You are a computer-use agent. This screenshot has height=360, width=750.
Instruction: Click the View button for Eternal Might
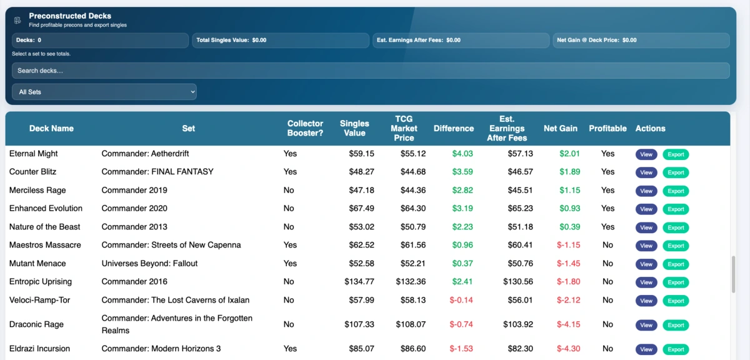click(x=646, y=154)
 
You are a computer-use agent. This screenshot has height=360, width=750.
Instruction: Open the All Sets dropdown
click(x=104, y=92)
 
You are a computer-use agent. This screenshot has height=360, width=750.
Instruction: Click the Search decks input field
click(x=370, y=71)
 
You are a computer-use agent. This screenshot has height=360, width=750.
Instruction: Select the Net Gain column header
click(x=560, y=128)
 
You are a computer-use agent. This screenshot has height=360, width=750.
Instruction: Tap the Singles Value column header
click(x=354, y=128)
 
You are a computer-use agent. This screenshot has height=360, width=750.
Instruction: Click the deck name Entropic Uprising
click(x=41, y=282)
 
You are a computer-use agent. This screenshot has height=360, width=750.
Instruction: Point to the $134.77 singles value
click(x=359, y=282)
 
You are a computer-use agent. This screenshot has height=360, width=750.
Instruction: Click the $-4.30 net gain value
click(x=568, y=349)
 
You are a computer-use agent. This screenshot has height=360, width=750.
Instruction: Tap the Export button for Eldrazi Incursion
click(x=676, y=349)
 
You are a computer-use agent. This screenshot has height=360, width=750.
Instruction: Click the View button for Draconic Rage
click(x=646, y=325)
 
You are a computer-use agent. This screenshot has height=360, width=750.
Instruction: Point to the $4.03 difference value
click(x=462, y=154)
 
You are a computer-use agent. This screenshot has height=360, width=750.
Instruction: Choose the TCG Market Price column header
click(x=404, y=128)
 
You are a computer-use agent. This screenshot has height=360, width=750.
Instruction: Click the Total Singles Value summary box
click(x=280, y=40)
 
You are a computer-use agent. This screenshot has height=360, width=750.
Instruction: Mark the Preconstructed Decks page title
click(x=70, y=16)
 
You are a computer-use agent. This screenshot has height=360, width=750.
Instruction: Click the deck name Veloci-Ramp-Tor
click(x=39, y=301)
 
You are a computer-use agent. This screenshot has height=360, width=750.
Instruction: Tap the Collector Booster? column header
click(x=305, y=128)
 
